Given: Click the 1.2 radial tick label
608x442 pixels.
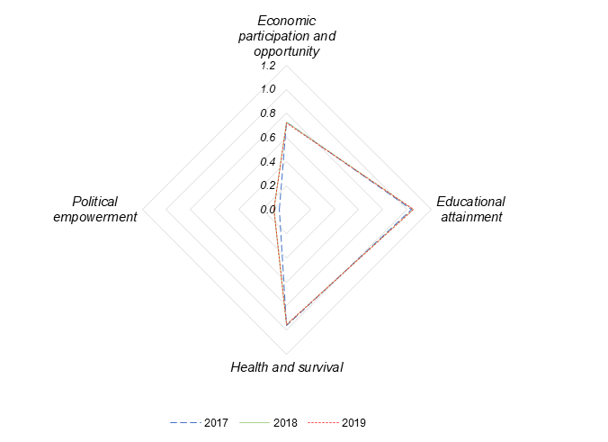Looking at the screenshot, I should (x=268, y=67).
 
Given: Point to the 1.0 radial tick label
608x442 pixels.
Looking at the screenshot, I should (x=268, y=90).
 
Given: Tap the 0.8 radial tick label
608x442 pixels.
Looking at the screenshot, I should (x=268, y=113).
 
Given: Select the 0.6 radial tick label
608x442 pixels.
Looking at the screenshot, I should (x=268, y=138).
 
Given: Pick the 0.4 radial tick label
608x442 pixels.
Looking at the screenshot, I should (x=268, y=162).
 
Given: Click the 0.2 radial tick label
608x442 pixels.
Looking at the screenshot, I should (x=268, y=185).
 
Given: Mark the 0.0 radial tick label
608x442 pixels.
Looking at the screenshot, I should (x=268, y=210).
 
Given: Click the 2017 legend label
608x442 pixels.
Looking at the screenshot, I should (x=216, y=422).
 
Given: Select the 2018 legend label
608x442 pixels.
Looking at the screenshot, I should (x=285, y=422).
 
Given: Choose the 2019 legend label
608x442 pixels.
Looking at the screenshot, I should (x=354, y=422).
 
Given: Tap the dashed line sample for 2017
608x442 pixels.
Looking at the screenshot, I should (x=184, y=422).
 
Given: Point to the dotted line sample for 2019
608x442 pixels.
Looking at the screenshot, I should (x=323, y=422).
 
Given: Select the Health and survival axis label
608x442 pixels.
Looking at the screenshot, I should (x=287, y=367).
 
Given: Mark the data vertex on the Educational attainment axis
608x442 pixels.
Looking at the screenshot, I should (x=413, y=210).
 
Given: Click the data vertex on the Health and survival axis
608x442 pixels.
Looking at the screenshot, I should (x=286, y=324).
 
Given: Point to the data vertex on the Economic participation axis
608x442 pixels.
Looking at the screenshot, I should (x=286, y=122).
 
